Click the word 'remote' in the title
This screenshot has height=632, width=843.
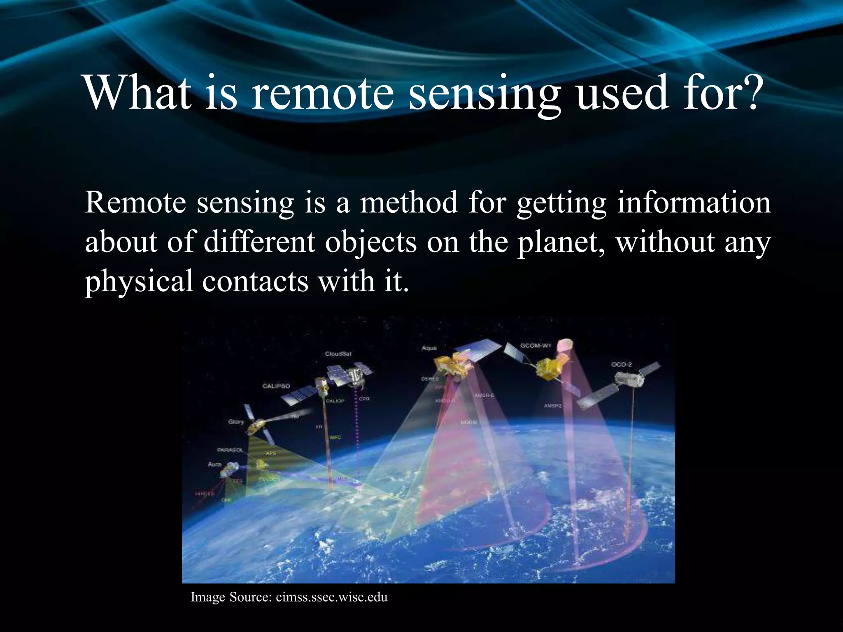(x=322, y=93)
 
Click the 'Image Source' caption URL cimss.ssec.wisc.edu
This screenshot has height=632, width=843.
(x=331, y=597)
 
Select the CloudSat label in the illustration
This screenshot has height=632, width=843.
(x=338, y=354)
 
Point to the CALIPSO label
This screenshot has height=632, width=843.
(x=276, y=386)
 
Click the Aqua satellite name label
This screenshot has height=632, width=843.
(x=428, y=348)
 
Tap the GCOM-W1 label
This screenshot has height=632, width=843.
(x=535, y=346)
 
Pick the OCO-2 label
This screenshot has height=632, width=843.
(x=621, y=365)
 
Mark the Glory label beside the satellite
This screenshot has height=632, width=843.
(x=236, y=422)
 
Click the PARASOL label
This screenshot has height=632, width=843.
(x=230, y=450)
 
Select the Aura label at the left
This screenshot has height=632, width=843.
(x=214, y=464)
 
